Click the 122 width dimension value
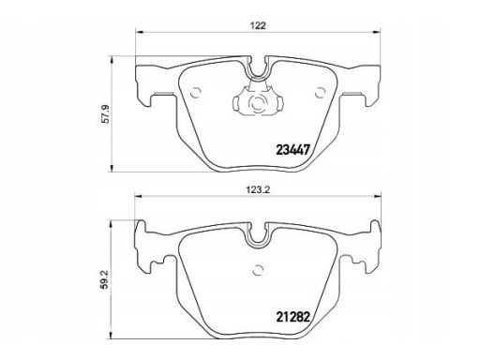coord(258,25)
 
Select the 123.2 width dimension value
coord(258,189)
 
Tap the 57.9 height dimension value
coord(107,114)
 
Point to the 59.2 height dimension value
coord(105,279)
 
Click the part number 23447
coord(292,150)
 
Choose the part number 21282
coord(292,317)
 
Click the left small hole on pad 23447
coord(196,93)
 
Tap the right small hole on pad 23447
coord(320,93)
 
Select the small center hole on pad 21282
coord(258,270)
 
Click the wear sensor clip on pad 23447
coord(258,100)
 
